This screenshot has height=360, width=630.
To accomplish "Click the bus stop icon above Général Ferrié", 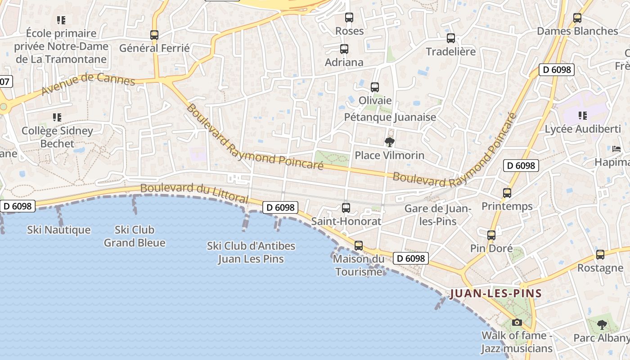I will click(x=154, y=35).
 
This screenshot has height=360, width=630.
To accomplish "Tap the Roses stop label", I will click(x=350, y=31).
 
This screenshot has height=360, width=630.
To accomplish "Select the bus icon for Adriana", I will click(x=344, y=49).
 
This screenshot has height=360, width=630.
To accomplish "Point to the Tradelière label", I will click(x=450, y=52).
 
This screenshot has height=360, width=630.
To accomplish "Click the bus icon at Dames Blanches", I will click(x=577, y=18).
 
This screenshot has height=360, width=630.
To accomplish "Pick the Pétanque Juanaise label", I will click(x=390, y=117).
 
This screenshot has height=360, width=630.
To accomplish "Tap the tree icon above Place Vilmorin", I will click(x=390, y=143).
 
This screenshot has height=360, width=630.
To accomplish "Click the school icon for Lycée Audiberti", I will click(x=583, y=116).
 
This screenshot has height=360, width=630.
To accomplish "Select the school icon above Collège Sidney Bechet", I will click(x=57, y=117).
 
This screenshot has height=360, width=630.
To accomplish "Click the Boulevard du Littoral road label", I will click(x=194, y=192).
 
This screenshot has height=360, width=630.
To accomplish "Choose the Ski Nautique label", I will click(x=59, y=230).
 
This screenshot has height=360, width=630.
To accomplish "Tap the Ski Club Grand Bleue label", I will click(x=135, y=236).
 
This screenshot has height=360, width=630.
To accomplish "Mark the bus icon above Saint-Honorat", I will click(x=346, y=208).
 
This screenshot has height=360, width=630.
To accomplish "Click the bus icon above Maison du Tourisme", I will click(x=359, y=246).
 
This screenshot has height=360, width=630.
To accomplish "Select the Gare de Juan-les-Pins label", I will click(x=437, y=215).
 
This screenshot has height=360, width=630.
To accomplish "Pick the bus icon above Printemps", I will click(x=507, y=193).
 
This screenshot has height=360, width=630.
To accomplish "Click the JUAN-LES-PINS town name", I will click(x=495, y=294).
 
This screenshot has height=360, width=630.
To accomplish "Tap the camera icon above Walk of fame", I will click(x=517, y=322).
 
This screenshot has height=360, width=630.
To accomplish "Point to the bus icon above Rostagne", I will click(x=600, y=255).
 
